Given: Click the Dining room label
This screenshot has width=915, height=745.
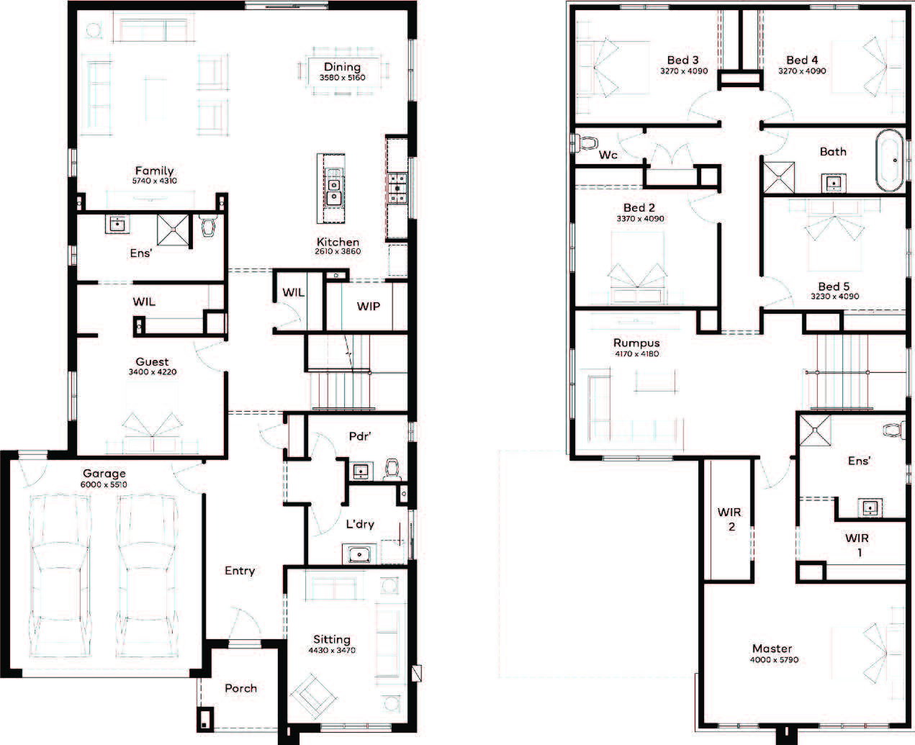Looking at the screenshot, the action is (x=342, y=67).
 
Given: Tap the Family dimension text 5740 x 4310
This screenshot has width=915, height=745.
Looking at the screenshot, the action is (x=154, y=181).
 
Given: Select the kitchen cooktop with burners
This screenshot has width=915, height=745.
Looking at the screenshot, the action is (x=397, y=188).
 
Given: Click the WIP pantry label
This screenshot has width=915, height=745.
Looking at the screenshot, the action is (x=368, y=307).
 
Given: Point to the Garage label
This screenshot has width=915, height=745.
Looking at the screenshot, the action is (x=104, y=474).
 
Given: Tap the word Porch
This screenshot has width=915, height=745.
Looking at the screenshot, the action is (x=240, y=688).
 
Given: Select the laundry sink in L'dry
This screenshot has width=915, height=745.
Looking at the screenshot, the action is (x=359, y=554).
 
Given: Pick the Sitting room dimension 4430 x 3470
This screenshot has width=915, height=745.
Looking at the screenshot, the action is (x=332, y=650).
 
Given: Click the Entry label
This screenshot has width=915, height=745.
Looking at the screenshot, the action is (x=240, y=571).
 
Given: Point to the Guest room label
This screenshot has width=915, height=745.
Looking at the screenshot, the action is (x=152, y=362).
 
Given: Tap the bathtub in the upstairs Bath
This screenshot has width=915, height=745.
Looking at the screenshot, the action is (x=890, y=161).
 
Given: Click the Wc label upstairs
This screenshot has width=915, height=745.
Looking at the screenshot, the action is (x=608, y=155).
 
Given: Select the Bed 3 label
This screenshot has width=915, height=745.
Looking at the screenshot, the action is (x=683, y=60).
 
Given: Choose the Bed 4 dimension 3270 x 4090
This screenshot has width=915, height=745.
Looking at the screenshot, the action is (x=802, y=71).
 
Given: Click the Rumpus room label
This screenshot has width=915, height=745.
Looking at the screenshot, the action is (x=636, y=343).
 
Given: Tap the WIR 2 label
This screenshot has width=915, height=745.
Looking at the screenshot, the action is (x=730, y=519).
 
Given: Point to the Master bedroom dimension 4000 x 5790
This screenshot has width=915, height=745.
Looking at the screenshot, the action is (x=774, y=659).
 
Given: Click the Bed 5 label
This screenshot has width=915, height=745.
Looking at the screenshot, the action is (x=834, y=286).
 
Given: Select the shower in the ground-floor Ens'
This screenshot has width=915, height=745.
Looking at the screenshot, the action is (x=173, y=230).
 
